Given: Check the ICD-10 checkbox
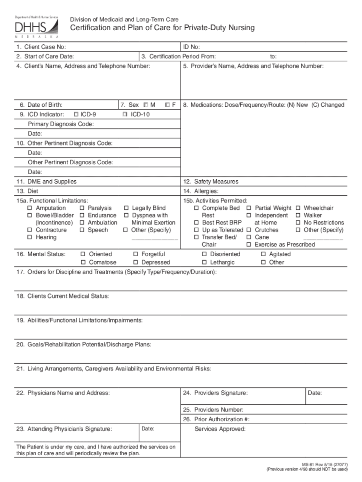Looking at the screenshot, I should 125,114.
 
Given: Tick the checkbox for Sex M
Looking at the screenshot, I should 146,104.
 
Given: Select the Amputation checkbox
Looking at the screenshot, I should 30,208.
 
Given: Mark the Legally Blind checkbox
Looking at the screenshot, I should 126,208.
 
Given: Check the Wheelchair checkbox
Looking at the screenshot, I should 298,208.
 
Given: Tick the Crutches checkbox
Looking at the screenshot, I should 249,230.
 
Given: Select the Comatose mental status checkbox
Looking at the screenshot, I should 84,263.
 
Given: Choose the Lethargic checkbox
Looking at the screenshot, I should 205,263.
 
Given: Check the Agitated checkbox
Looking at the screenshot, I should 263,254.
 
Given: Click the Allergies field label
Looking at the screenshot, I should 201,192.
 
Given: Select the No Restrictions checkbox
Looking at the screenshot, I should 298,223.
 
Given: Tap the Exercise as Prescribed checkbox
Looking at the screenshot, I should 249,245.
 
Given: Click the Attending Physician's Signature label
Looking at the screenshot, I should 65,429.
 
